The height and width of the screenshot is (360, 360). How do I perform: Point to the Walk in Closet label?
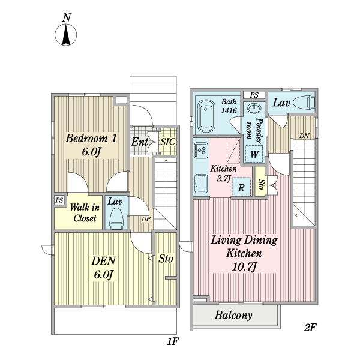tap(83, 212)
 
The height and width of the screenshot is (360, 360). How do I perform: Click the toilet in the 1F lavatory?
tap(116, 218)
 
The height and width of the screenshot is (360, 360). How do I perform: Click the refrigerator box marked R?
tap(241, 187)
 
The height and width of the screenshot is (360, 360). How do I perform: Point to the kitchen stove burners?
tap(200, 149)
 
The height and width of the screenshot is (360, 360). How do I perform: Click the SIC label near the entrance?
tap(168, 142)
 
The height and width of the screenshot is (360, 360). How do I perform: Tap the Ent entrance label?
tap(140, 142)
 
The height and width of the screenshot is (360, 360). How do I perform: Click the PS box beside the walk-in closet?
tap(59, 200)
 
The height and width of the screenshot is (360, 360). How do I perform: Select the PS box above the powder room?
tap(254, 95)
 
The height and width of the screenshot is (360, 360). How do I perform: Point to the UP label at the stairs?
tap(145, 219)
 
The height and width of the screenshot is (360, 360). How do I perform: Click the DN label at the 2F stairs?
tap(304, 136)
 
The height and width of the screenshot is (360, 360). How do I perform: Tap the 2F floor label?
tap(310, 328)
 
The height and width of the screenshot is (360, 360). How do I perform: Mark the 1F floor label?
tap(172, 342)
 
